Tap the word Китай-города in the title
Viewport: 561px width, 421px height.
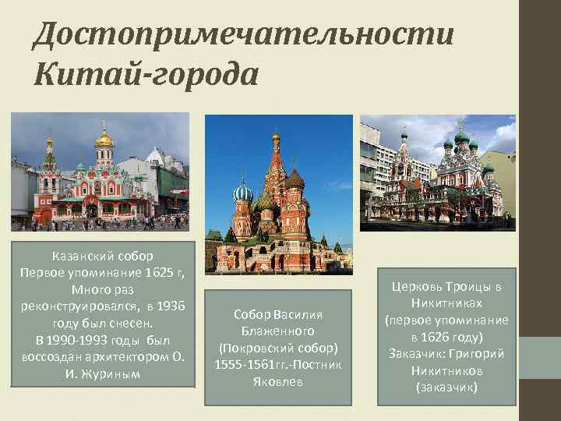coord(146,75)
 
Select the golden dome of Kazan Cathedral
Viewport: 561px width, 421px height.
coord(104,140)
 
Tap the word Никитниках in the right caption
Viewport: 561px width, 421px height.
coord(446,302)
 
